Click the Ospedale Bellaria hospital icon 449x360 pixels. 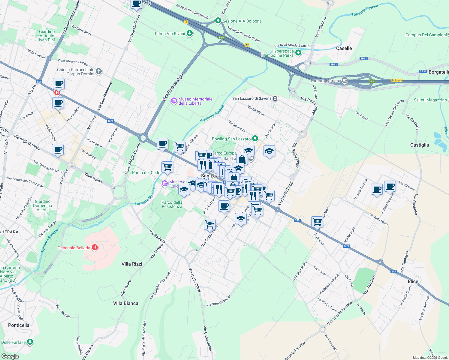coord(95,247)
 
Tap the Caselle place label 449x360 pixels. coord(344,48)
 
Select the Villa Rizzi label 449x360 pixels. coord(132,264)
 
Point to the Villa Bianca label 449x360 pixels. coord(126,303)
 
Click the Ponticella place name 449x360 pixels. coord(19,325)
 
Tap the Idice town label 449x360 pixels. coord(413,281)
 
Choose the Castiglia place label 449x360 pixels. coord(420,145)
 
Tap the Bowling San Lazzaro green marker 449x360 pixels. coord(255,139)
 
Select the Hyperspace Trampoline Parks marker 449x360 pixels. coord(298,53)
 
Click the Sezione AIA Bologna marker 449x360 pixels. coord(218,21)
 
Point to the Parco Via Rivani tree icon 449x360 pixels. coord(190,33)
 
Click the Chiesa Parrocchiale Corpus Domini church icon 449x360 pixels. coord(99,71)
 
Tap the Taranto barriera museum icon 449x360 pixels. coord(345,80)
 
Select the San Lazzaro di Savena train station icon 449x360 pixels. coord(275,98)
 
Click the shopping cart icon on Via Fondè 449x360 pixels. coord(317,222)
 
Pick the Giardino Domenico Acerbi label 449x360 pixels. coord(43,205)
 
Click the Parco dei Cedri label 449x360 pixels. coord(146,172)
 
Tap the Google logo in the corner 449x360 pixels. coord(10,356)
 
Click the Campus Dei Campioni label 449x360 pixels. coord(426,35)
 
